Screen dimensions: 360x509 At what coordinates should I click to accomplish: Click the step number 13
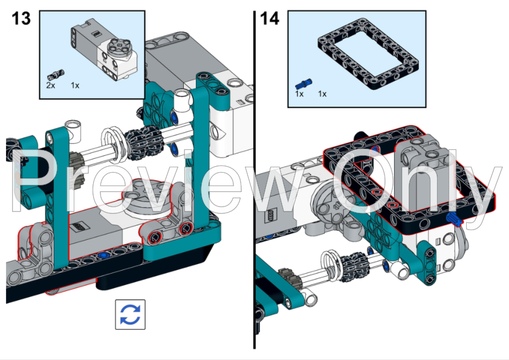pos(21,18)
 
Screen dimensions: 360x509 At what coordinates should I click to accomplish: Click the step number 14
pos(270,18)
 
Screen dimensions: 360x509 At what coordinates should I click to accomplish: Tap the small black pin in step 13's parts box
pos(54,75)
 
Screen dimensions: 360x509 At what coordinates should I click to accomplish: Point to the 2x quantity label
pos(51,86)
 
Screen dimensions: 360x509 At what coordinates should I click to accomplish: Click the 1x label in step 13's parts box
pos(75,86)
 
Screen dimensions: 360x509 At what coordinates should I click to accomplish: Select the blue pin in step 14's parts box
pos(303,82)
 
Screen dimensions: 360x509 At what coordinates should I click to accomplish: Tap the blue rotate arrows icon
pos(130,314)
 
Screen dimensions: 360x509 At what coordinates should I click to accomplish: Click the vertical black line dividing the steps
pos(254,181)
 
